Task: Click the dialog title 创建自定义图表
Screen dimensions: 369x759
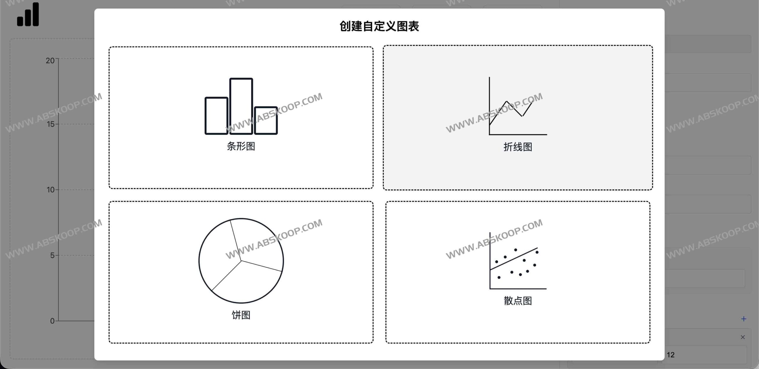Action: pyautogui.click(x=379, y=26)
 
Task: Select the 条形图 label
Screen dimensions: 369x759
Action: pyautogui.click(x=241, y=146)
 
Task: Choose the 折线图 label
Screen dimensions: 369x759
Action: pyautogui.click(x=518, y=147)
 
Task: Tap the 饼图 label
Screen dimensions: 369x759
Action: pyautogui.click(x=241, y=315)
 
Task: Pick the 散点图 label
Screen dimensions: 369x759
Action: pyautogui.click(x=518, y=301)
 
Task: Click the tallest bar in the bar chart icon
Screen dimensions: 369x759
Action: pyautogui.click(x=241, y=106)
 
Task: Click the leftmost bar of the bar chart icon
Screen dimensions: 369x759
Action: pyautogui.click(x=216, y=116)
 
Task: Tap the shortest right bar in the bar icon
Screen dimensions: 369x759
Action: pyautogui.click(x=266, y=120)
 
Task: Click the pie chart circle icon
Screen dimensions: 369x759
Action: pyautogui.click(x=241, y=261)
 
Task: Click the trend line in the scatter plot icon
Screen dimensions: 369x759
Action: pyautogui.click(x=514, y=259)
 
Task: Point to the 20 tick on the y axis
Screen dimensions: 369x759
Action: pyautogui.click(x=50, y=61)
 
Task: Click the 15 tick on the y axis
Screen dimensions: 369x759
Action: pyautogui.click(x=51, y=124)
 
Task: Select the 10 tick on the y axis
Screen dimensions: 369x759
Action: pyautogui.click(x=51, y=190)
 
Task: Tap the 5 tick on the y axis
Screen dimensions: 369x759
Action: pyautogui.click(x=52, y=255)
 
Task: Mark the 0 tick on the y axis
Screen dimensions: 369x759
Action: pyautogui.click(x=52, y=321)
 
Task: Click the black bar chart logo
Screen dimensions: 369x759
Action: pyautogui.click(x=28, y=15)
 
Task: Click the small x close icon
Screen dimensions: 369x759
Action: pyautogui.click(x=743, y=337)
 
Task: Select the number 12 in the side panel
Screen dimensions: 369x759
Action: pyautogui.click(x=671, y=355)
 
